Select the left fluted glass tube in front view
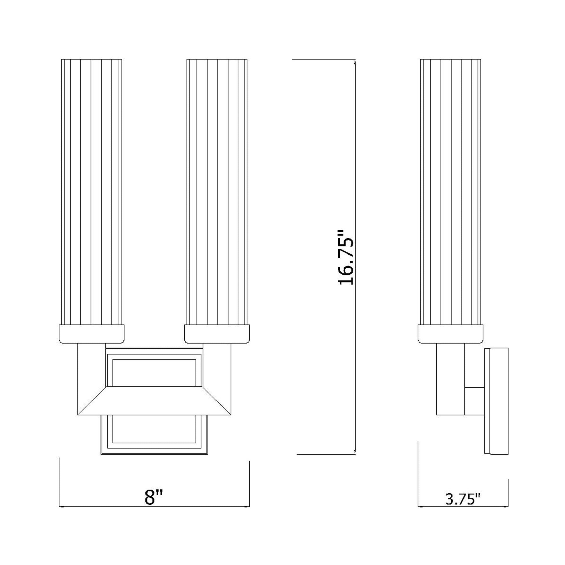coord(91,192)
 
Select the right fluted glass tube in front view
coord(217,192)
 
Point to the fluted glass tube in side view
coord(450,192)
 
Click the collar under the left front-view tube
coord(91,334)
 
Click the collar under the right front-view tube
coord(217,334)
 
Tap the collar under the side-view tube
coord(450,334)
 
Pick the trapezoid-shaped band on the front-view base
coord(154,401)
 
